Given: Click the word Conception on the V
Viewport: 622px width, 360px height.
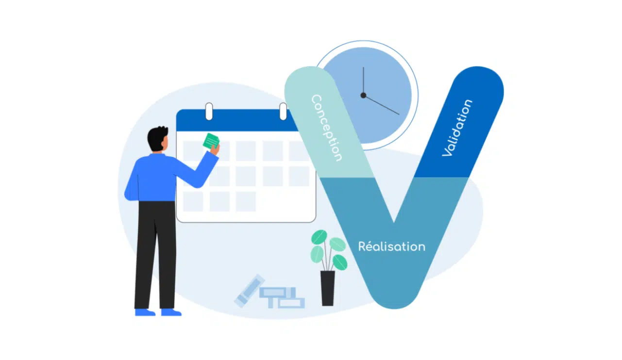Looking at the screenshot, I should coord(327,128).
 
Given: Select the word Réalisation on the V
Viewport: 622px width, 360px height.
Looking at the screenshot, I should coord(391,246).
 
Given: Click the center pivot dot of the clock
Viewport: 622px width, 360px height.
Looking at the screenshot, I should coord(363,95).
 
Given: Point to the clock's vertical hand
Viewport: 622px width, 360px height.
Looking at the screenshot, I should coord(363,81).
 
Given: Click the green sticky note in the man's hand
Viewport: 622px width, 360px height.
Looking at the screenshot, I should coord(211,141).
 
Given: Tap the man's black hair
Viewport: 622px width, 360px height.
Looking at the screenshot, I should coord(157,137).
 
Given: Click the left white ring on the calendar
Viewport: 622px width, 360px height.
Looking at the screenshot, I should coord(209,111).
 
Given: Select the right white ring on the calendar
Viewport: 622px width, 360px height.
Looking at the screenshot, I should coord(283,111).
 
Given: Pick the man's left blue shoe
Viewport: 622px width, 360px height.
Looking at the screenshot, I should coord(145,312).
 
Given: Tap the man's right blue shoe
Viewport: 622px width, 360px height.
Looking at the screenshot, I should coord(171,312).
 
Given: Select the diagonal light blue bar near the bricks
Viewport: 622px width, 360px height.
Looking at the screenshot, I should coord(249,291).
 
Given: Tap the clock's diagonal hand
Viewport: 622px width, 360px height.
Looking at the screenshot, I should coord(382,105).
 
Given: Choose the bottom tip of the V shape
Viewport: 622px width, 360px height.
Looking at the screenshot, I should coord(394,303).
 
